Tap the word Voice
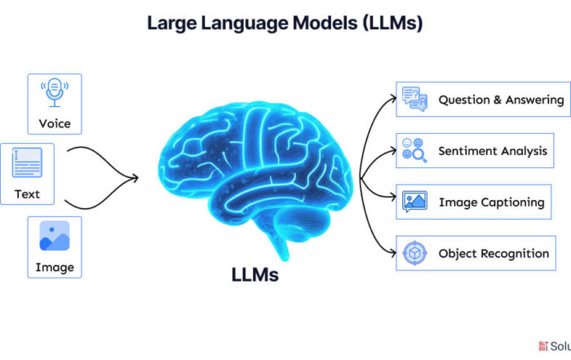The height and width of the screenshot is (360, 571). pyautogui.click(x=55, y=124)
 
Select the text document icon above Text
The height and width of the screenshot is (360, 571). pyautogui.click(x=27, y=163)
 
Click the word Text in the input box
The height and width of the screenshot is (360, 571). pyautogui.click(x=27, y=194)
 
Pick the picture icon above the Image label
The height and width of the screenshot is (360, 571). pyautogui.click(x=55, y=235)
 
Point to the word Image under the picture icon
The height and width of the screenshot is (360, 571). pyautogui.click(x=55, y=267)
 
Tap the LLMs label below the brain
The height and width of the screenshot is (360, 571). pyautogui.click(x=255, y=275)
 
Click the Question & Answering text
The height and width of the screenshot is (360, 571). pyautogui.click(x=501, y=100)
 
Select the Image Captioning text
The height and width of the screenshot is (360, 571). pyautogui.click(x=490, y=202)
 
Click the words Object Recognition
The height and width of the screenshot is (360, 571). pyautogui.click(x=494, y=254)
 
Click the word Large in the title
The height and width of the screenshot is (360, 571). pyautogui.click(x=170, y=23)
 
